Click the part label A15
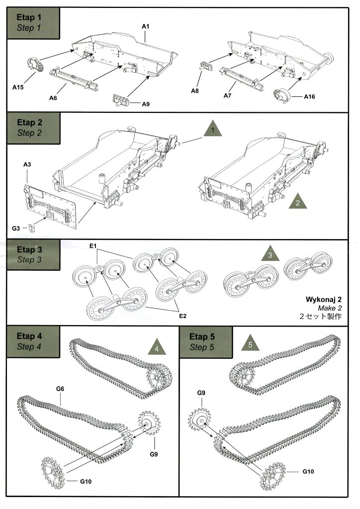[18, 87]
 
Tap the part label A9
[146, 104]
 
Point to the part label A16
[310, 96]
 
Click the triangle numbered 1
[212, 131]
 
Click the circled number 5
[250, 344]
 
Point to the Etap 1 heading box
[33, 22]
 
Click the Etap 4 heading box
[33, 341]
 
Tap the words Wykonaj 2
[330, 300]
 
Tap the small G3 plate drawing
[32, 228]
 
